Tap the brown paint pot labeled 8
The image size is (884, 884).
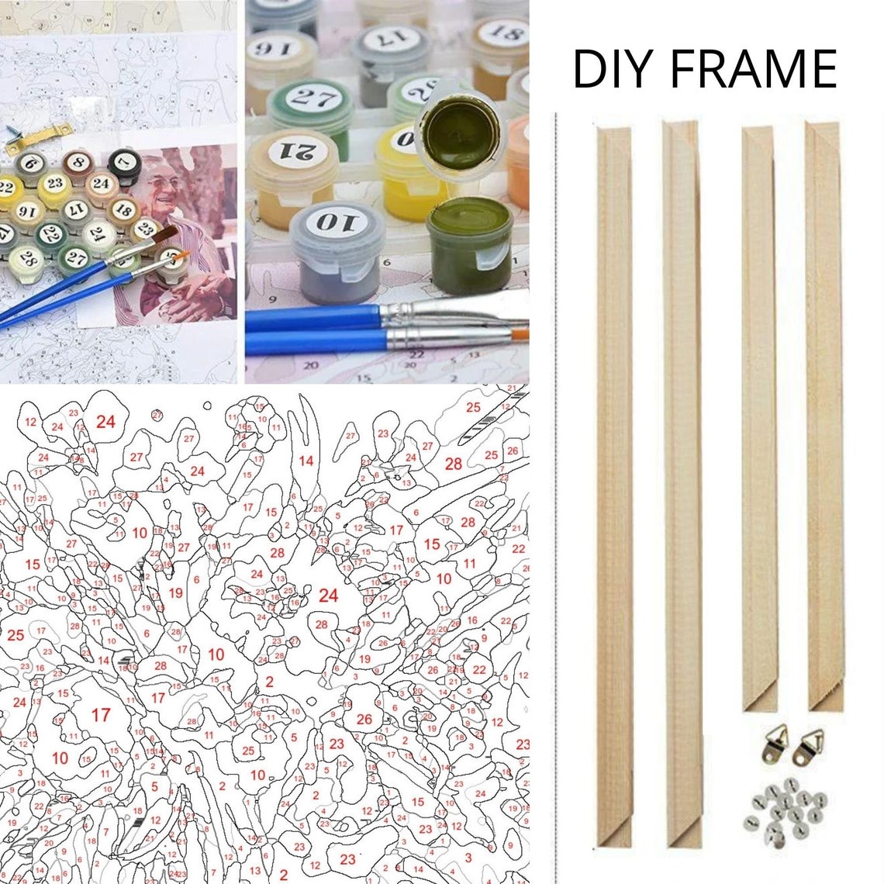coord(77,164)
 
